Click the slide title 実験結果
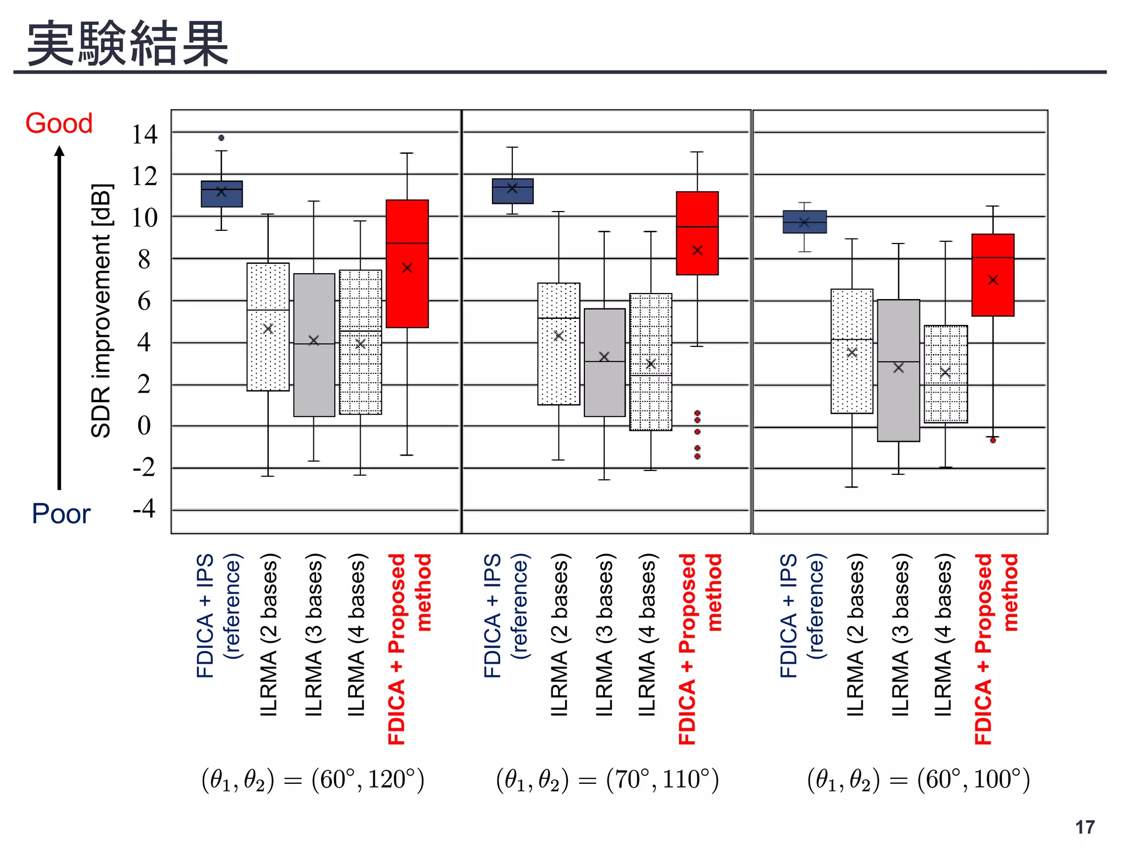128,44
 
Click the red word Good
59,123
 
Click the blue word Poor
61,514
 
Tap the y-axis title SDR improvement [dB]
101,311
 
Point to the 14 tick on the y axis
144,134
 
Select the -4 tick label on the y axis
144,508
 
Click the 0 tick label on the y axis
144,426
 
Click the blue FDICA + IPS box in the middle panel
512,192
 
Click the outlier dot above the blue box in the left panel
221,138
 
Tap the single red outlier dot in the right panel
993,440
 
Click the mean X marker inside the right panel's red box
993,280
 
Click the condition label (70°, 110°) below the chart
608,780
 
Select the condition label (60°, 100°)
918,780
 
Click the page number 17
1084,827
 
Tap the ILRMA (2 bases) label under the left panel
269,636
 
